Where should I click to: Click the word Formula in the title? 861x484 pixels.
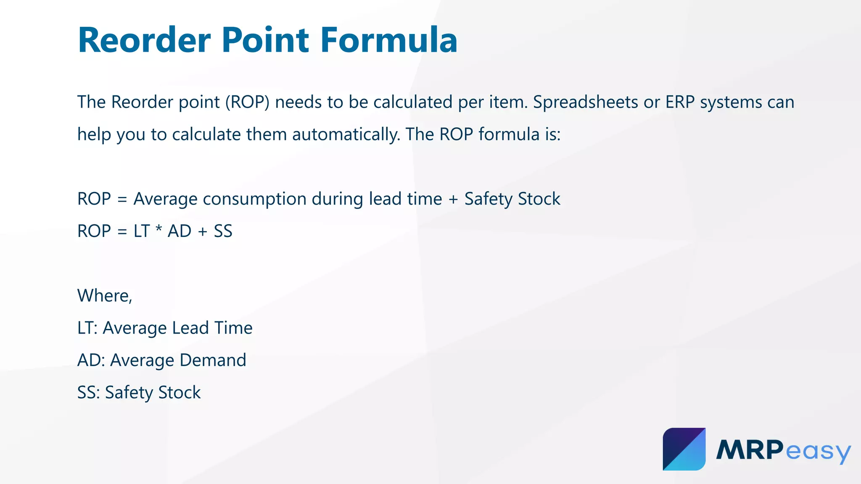pyautogui.click(x=388, y=40)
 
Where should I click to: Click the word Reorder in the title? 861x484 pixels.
pyautogui.click(x=144, y=40)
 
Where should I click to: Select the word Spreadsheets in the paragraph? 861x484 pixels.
pyautogui.click(x=585, y=102)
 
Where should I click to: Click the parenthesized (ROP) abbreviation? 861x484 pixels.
pyautogui.click(x=247, y=102)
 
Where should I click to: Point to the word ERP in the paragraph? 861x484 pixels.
pyautogui.click(x=679, y=102)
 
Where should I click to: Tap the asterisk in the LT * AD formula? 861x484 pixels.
pyautogui.click(x=158, y=230)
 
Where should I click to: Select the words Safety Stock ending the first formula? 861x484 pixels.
pyautogui.click(x=512, y=199)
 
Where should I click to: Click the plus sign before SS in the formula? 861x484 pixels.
pyautogui.click(x=203, y=231)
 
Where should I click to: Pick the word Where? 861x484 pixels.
pyautogui.click(x=105, y=296)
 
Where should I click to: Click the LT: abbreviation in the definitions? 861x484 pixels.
pyautogui.click(x=87, y=328)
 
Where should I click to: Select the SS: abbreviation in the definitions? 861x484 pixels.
pyautogui.click(x=88, y=392)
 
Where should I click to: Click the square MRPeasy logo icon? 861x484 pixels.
pyautogui.click(x=684, y=449)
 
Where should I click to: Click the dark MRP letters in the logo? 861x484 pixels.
pyautogui.click(x=750, y=450)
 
